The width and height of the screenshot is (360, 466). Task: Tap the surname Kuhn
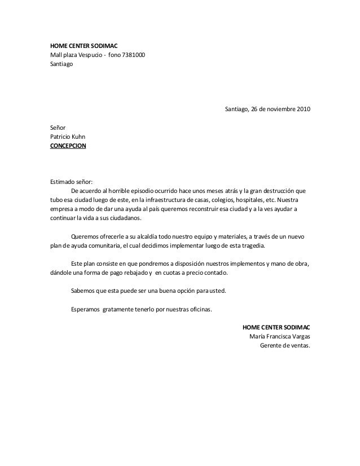78,137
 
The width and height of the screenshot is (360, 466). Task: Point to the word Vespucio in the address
88,55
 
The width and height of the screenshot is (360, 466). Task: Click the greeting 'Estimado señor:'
71,182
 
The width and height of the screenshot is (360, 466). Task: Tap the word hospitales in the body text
239,200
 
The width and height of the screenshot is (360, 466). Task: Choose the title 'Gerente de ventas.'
284,345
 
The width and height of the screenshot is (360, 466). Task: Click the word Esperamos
85,309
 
